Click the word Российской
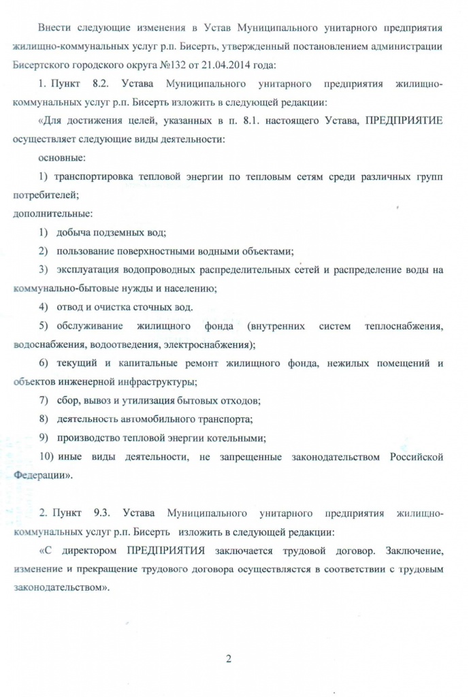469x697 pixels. (417, 455)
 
